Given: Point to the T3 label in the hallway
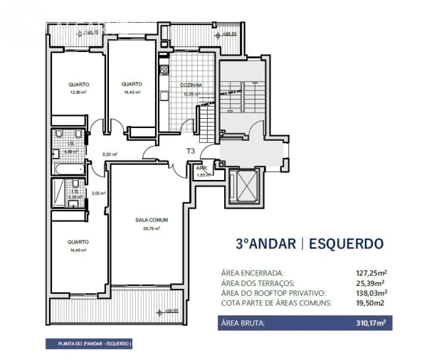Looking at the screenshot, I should pos(191,151).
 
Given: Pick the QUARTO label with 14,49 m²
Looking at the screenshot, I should pos(78,242).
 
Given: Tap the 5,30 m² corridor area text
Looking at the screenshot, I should pos(109,154).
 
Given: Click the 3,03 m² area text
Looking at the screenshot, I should pos(98,193).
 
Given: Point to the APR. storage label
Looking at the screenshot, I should pos(201,169).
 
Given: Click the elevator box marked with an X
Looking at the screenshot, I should pos(245,186).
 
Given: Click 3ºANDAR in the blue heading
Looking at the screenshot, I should pos(265,243).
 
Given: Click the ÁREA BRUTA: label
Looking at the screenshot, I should pos(244,323).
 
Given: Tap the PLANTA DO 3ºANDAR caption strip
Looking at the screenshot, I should pos(89,344).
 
